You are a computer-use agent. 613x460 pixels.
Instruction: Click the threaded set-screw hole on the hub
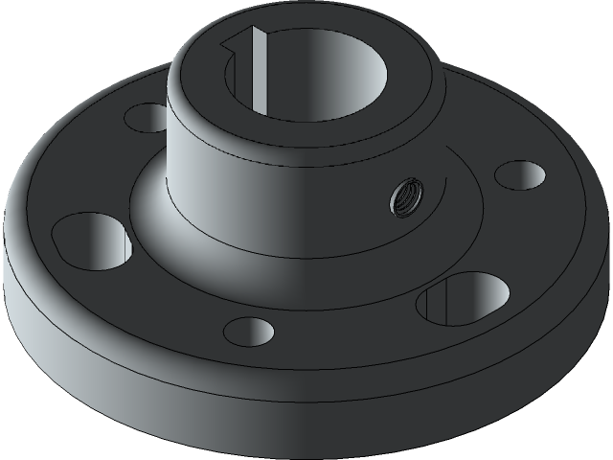tap(404, 199)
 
